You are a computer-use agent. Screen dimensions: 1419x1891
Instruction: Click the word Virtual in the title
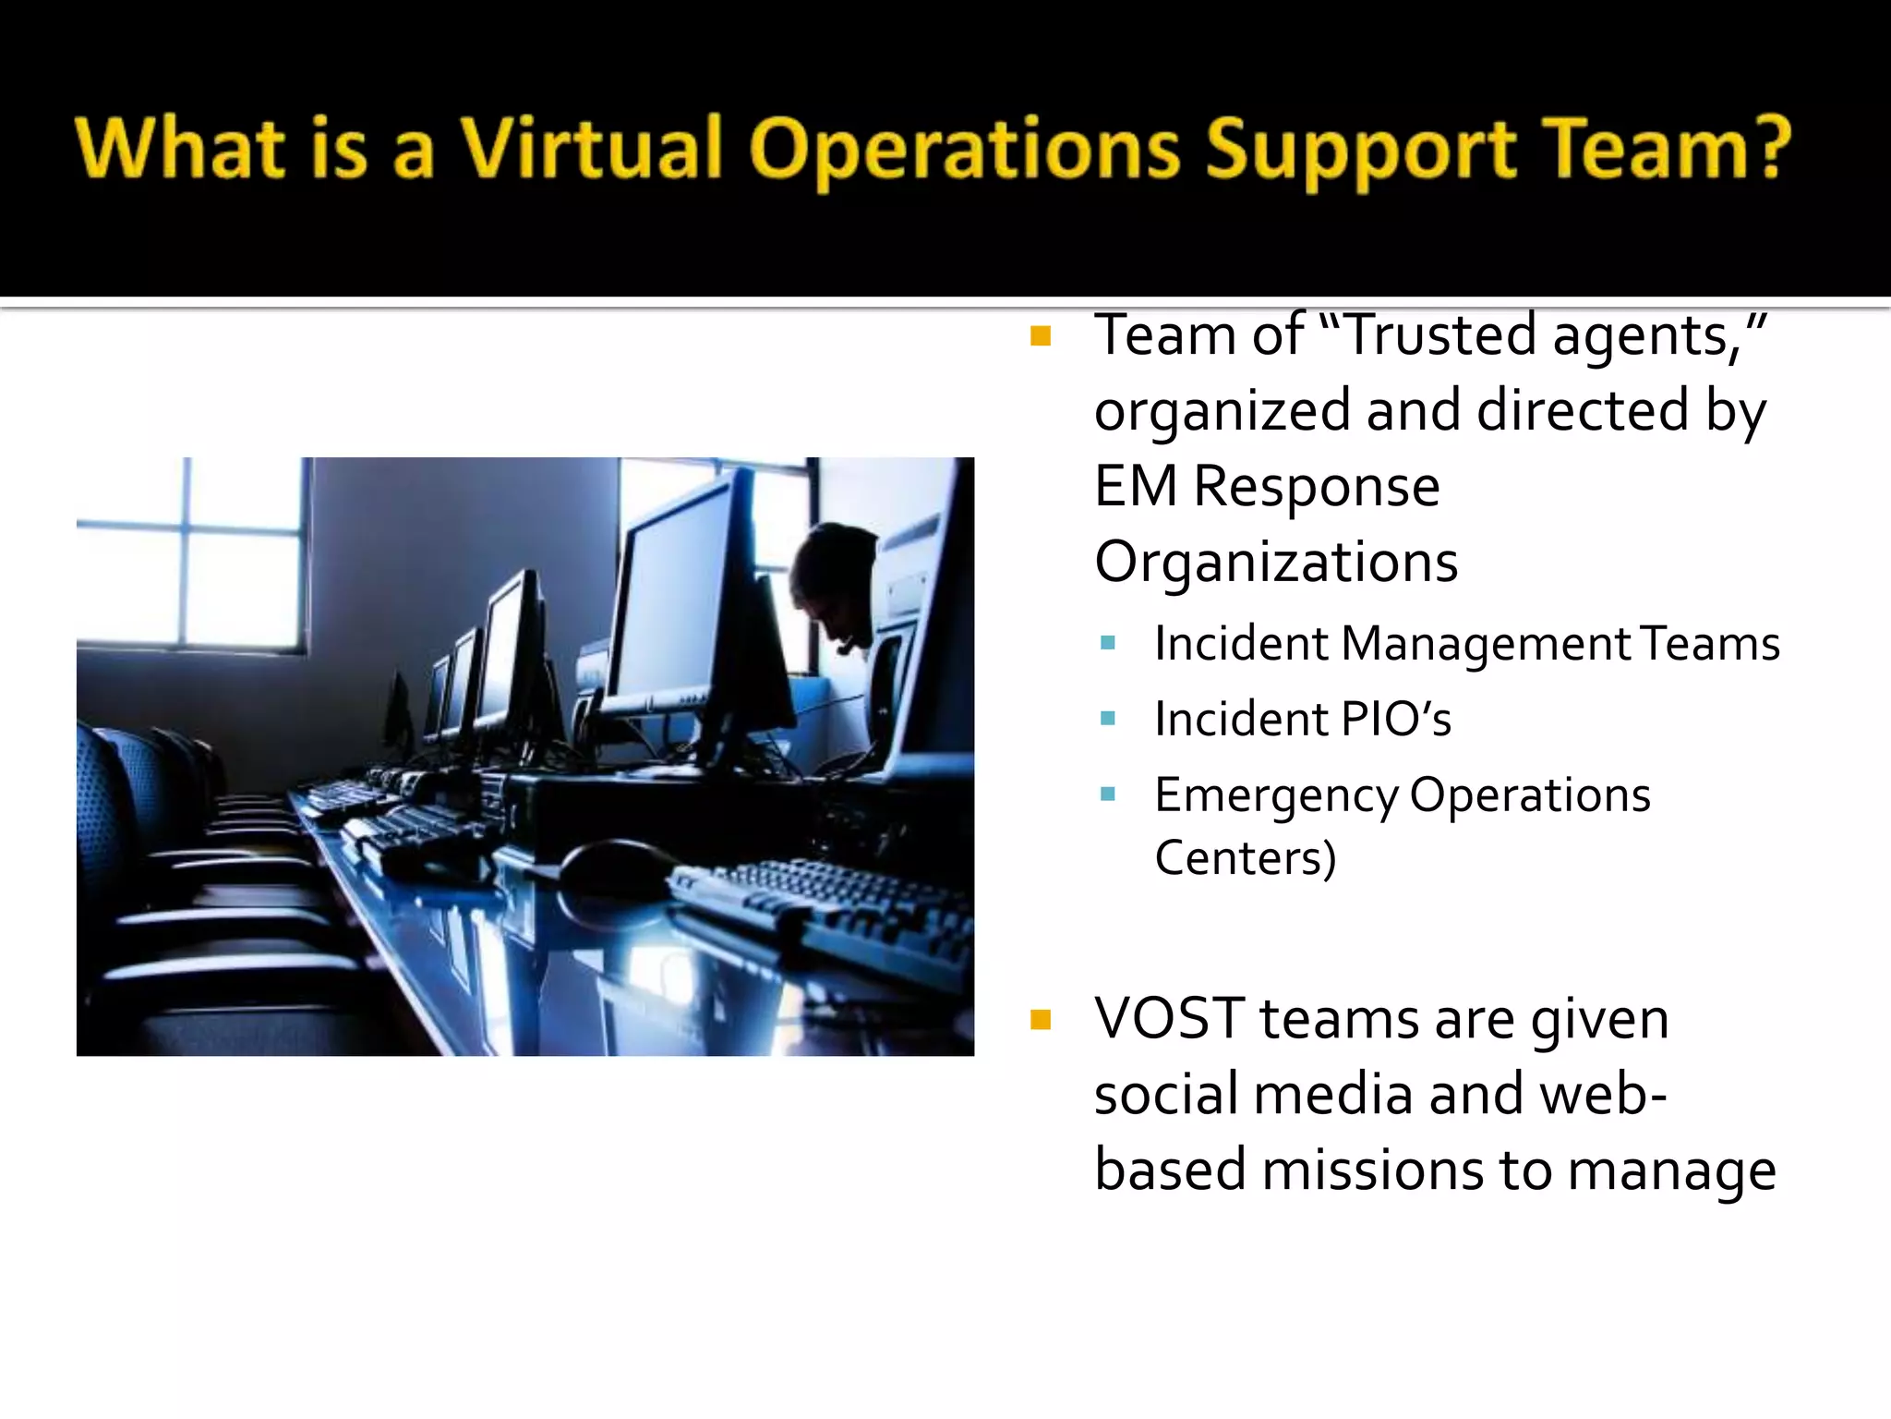point(591,148)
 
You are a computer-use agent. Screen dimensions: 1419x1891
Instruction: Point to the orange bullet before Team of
point(1041,336)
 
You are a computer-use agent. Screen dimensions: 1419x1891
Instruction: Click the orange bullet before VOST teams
point(1041,1020)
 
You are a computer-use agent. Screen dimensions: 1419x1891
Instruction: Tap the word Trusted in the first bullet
point(1445,334)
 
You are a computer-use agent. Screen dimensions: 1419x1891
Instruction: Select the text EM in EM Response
point(1136,486)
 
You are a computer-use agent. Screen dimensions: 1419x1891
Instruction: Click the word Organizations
point(1276,562)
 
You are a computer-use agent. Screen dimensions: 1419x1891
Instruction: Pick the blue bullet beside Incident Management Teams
point(1108,643)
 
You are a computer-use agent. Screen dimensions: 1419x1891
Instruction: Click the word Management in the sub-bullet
point(1486,643)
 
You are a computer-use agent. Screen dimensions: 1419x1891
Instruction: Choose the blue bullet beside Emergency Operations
point(1108,794)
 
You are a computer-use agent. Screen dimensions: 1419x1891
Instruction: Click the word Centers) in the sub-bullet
point(1245,857)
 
